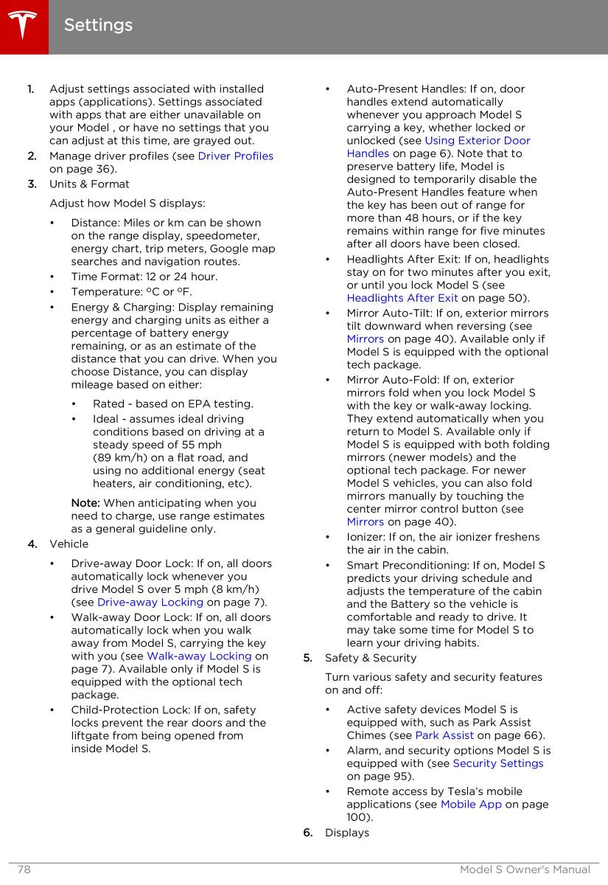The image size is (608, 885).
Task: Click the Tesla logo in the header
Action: [24, 27]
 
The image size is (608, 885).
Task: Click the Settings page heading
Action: [98, 25]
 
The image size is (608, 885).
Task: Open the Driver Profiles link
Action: [235, 156]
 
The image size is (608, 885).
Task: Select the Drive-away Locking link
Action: [150, 602]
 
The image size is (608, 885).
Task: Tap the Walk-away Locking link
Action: [199, 656]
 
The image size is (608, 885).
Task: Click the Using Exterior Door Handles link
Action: [477, 140]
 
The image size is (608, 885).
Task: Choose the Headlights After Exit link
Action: [402, 298]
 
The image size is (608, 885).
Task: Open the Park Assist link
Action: [444, 735]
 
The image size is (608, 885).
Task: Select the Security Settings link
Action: [497, 763]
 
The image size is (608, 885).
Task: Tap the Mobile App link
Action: [471, 804]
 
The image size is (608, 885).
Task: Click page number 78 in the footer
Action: [24, 870]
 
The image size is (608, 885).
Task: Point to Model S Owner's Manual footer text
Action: [525, 870]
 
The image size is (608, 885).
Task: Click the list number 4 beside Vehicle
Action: [32, 544]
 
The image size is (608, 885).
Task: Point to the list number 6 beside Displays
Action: [307, 833]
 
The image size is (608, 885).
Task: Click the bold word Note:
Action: [85, 503]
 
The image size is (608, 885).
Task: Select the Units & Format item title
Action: [89, 184]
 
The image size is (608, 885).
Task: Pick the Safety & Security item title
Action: [371, 658]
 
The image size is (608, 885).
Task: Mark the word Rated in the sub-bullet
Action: [109, 403]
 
